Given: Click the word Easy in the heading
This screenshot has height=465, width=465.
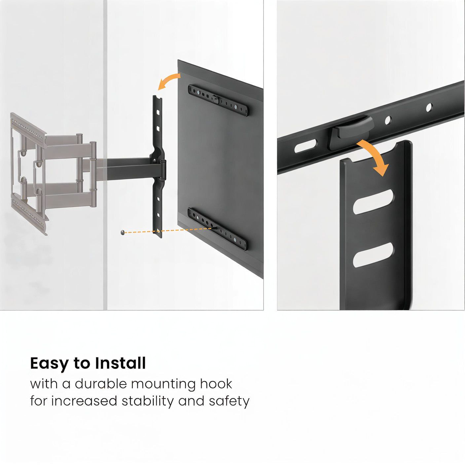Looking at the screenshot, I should (x=50, y=364).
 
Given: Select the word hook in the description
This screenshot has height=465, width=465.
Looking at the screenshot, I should (x=216, y=384).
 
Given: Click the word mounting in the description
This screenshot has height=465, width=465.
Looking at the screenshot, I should (x=163, y=384).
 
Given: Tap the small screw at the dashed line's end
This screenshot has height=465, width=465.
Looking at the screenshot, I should (x=123, y=232).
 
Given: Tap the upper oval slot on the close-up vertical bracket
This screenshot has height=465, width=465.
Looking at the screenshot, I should (x=373, y=201).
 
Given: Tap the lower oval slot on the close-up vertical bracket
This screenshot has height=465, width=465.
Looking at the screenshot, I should (x=373, y=255).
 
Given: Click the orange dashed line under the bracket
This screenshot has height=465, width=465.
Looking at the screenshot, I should (x=172, y=230).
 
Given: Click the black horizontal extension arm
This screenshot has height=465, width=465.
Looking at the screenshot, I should (x=129, y=169).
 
